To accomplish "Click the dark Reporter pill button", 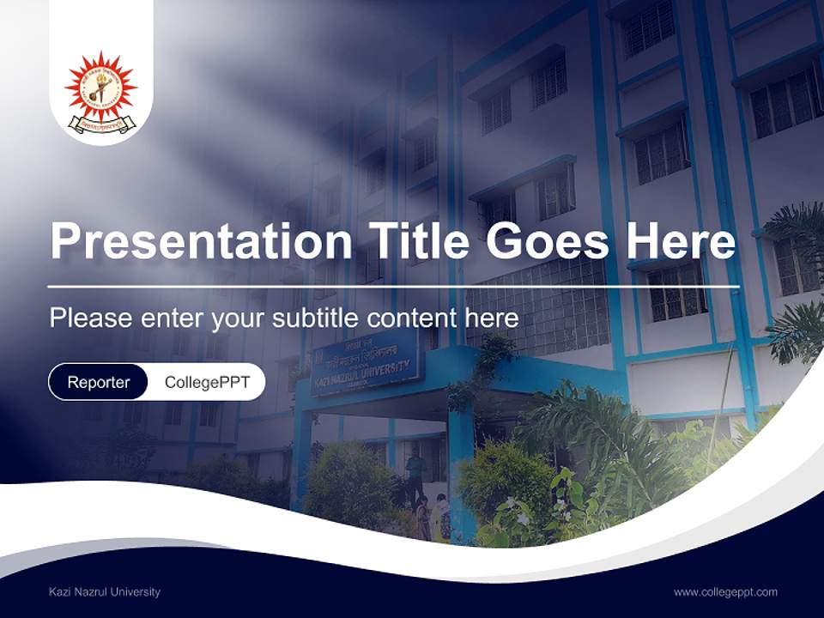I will pos(99,382).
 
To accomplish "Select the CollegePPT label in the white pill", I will pos(207,382).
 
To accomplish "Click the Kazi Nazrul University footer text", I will pos(105,591).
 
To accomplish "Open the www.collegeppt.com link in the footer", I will pos(725,591).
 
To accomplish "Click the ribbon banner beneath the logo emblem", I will pos(101,124).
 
